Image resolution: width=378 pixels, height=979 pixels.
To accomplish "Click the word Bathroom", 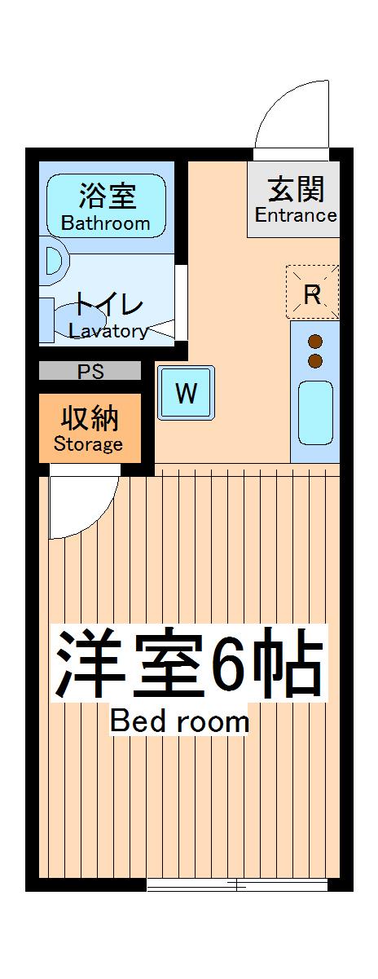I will [x=106, y=223].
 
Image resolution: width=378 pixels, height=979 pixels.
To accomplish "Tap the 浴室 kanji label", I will [x=107, y=196].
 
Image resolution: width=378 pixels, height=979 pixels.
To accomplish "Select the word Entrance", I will [x=296, y=215].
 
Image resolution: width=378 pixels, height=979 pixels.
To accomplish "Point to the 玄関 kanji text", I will [x=297, y=189].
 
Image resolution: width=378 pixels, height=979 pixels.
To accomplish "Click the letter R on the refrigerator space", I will [x=311, y=293].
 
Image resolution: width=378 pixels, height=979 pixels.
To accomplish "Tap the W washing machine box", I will [x=187, y=394].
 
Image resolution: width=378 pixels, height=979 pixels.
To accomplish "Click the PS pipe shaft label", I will [x=90, y=373].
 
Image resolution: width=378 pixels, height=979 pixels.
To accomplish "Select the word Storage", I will [x=88, y=444].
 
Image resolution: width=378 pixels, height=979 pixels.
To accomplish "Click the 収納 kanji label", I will [x=89, y=418].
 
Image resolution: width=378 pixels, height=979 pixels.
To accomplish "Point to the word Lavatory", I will [x=108, y=331].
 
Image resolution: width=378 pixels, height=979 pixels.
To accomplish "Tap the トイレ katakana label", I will [x=109, y=306].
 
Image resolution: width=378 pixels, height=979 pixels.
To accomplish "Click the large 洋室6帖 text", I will [x=189, y=668].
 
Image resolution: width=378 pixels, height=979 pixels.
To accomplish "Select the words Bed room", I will [x=179, y=721].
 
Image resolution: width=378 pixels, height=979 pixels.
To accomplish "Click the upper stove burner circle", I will [x=315, y=342].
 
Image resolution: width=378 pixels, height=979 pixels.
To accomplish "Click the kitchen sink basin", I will [x=315, y=414].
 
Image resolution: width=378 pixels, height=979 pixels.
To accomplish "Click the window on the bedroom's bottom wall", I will [x=237, y=885].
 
